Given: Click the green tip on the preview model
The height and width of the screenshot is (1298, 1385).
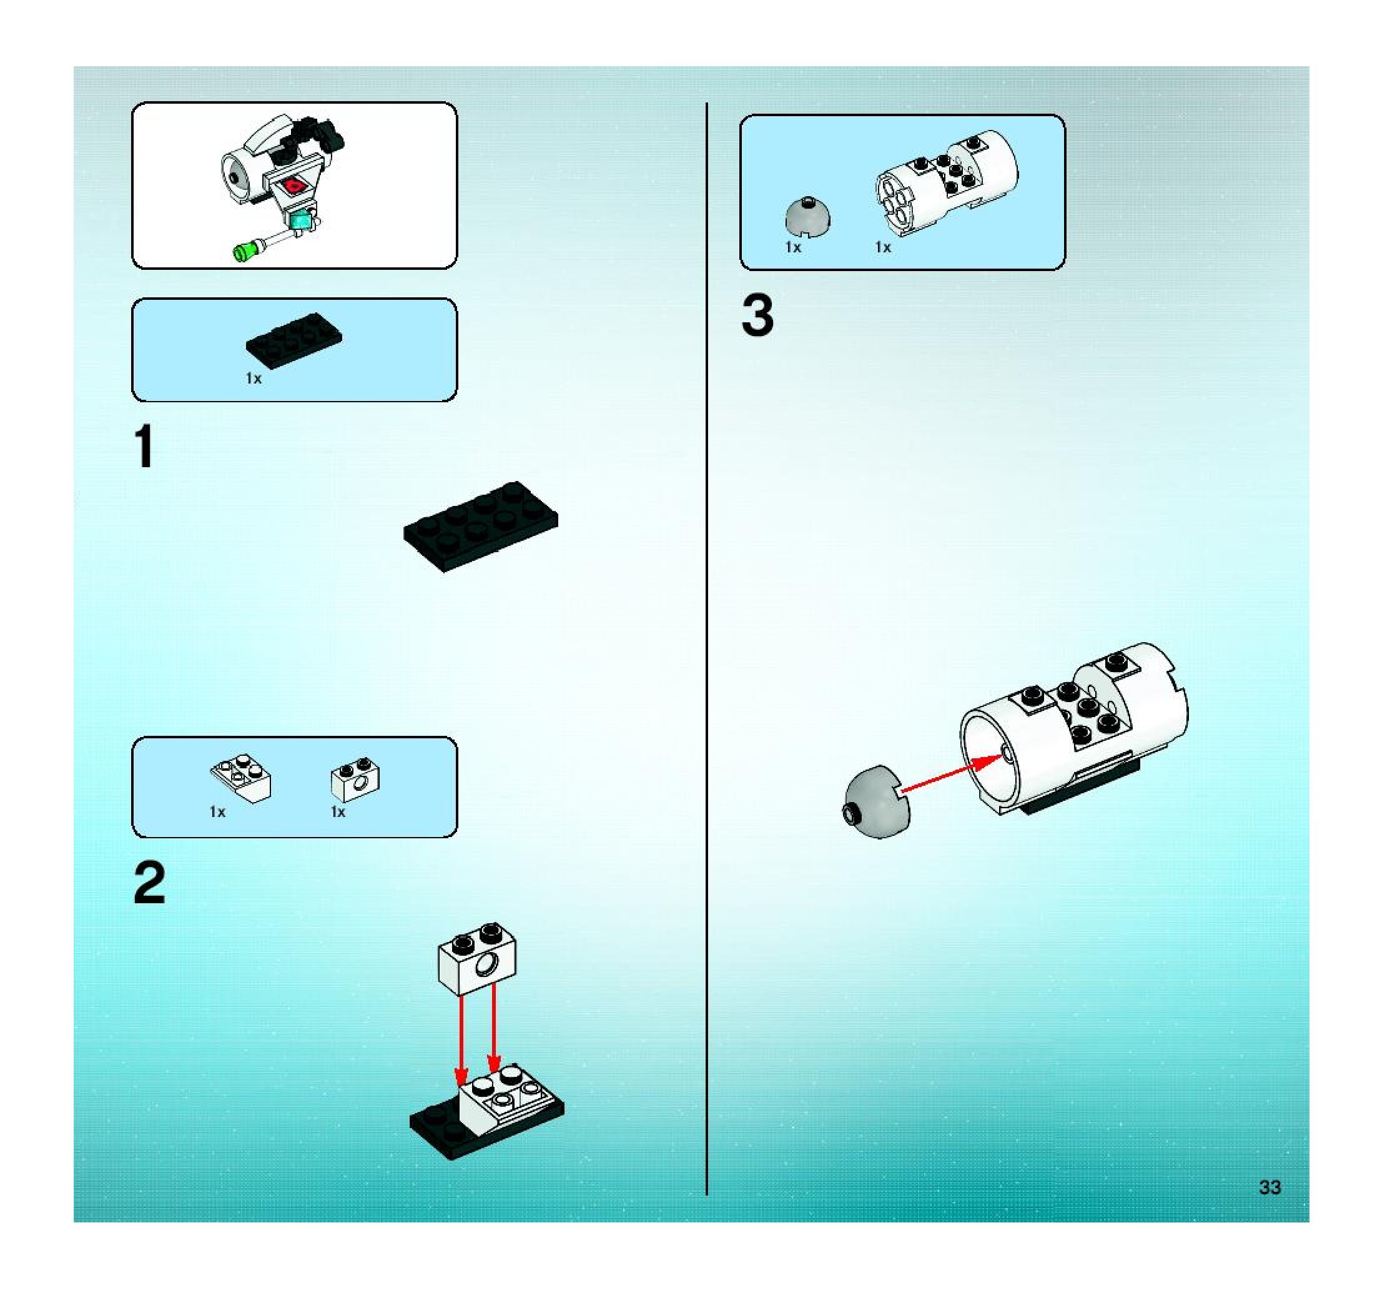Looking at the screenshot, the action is pos(245,251).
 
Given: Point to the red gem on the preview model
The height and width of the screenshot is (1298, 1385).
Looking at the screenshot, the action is pos(296,186).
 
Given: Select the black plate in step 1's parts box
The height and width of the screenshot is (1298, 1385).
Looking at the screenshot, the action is pos(294,339).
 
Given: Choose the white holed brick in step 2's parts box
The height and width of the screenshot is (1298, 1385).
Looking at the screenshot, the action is pos(355,779).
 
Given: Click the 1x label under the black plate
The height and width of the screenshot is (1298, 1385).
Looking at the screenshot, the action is pos(254,379).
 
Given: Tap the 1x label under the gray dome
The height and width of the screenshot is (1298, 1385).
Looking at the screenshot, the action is pos(793,247).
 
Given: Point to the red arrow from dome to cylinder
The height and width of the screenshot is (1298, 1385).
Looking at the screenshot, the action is pos(952,774).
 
